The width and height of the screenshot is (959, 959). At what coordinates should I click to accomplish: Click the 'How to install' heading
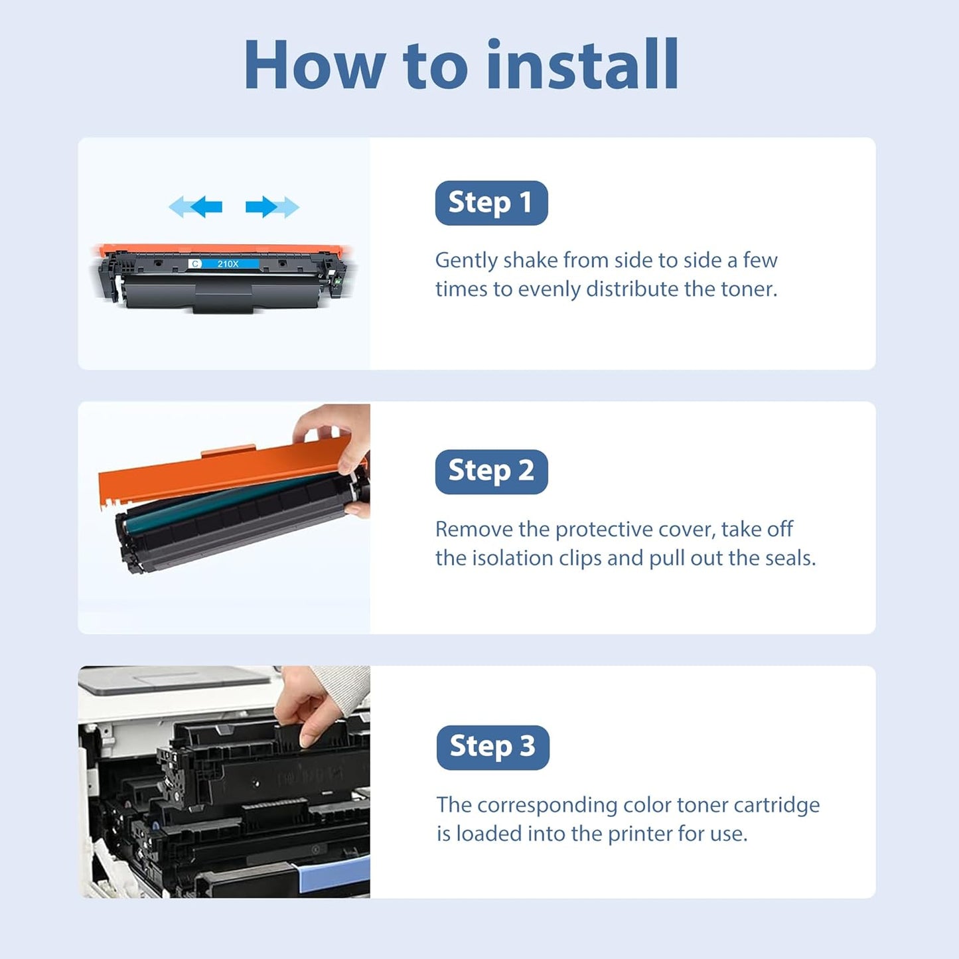point(461,65)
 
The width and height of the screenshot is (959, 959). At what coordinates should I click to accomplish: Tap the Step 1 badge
point(491,202)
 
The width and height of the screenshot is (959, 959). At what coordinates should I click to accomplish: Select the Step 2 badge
point(491,471)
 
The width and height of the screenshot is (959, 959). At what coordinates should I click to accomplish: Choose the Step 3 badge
point(492,747)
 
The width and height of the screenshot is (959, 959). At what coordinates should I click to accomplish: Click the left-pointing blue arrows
point(196,207)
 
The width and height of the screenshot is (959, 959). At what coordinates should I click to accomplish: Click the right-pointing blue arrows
point(272,207)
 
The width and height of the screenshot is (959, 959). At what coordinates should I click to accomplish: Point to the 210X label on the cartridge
point(228,264)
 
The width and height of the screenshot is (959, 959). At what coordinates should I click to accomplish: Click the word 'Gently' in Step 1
point(466,260)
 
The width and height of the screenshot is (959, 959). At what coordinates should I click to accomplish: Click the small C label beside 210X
point(195,264)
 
